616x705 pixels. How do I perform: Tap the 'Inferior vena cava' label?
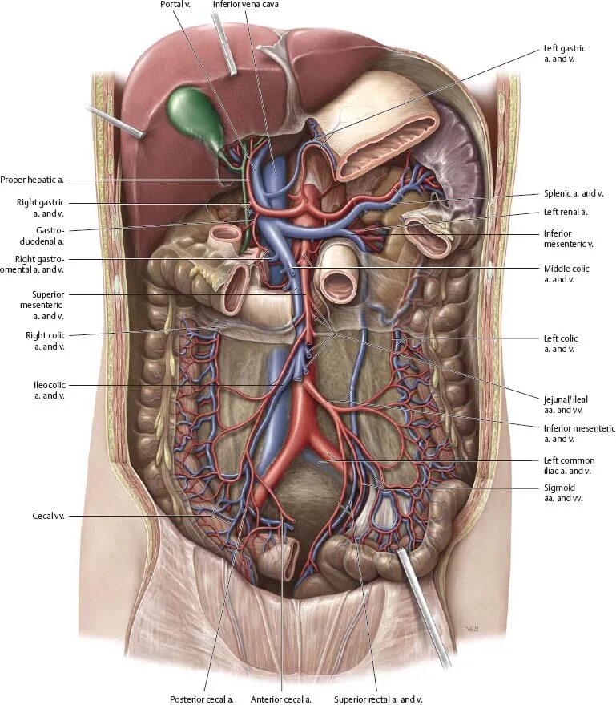245,5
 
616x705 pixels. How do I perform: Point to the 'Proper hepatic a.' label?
38,180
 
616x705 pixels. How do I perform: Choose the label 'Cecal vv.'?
48,517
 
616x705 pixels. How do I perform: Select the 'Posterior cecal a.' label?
201,699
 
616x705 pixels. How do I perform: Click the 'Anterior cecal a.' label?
280,699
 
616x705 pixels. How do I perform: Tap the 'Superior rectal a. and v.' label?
378,699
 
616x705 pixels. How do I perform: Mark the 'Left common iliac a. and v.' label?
569,465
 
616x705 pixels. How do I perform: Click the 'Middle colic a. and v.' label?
566,273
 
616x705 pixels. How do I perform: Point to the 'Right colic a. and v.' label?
45,340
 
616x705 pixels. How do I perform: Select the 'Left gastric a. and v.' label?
565,54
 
